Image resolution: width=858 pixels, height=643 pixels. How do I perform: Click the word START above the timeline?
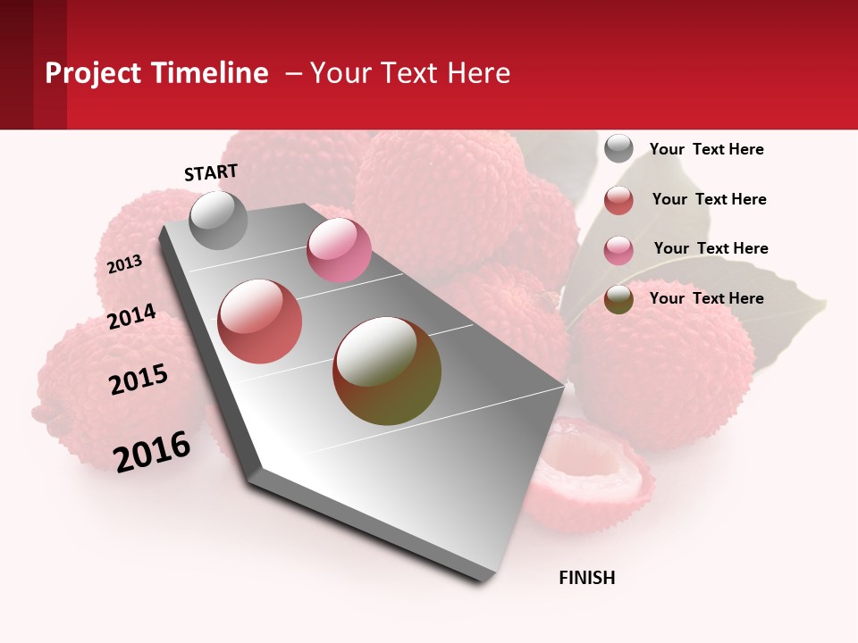211,172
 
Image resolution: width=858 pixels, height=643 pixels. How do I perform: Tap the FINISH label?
586,578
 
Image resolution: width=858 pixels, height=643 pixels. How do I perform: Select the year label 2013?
124,264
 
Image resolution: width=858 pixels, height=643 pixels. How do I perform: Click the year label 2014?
131,317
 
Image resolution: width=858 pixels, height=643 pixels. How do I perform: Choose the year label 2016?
152,451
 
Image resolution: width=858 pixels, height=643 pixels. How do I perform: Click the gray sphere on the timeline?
218,220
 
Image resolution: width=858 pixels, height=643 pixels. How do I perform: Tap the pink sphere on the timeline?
339,250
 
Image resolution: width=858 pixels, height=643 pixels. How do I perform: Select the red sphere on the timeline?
260,321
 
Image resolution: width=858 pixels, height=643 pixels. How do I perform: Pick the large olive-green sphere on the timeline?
387,371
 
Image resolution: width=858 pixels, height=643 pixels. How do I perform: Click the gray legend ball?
618,148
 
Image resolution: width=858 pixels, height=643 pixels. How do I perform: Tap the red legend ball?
618,200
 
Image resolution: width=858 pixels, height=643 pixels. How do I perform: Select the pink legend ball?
618,250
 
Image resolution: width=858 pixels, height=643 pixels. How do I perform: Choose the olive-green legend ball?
618,299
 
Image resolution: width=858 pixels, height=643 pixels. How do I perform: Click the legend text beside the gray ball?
706,149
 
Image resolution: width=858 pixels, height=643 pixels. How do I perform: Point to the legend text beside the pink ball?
711,248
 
